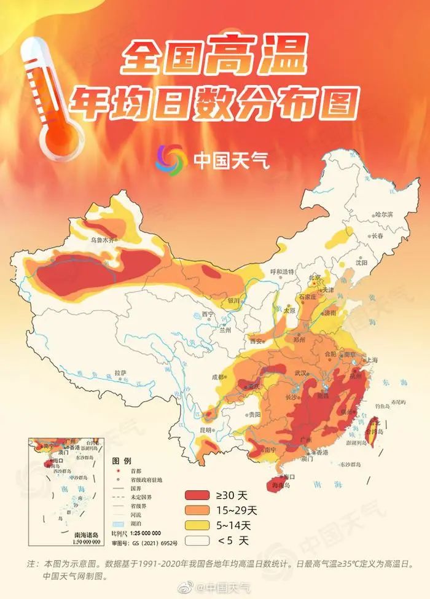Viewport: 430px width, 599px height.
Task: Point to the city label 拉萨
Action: click(x=120, y=372)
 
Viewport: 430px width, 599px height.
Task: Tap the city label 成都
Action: click(x=219, y=377)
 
